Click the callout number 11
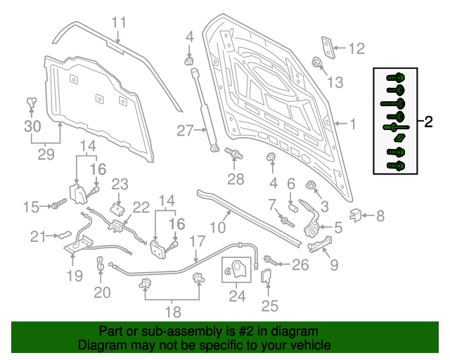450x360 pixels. point(120,22)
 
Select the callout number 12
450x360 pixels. point(357,49)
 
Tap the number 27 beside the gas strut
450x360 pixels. point(185,130)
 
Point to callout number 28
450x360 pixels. point(236,179)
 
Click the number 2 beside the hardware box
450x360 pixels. point(428,122)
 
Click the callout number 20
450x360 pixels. point(103,292)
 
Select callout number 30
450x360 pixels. point(32,127)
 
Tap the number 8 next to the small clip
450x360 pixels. point(380,216)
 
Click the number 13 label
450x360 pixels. point(335,82)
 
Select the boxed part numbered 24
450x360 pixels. point(236,270)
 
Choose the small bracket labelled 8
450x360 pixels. point(356,214)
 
